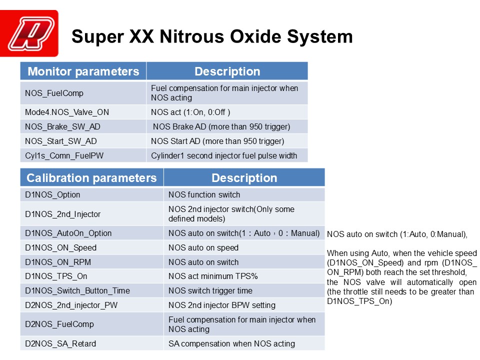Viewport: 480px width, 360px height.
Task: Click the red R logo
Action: (x=29, y=33)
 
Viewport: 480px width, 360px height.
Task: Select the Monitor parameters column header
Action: (x=83, y=71)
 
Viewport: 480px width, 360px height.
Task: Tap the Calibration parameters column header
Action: (x=92, y=178)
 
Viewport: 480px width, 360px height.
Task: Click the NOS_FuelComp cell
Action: (x=83, y=93)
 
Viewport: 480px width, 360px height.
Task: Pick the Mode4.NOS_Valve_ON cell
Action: (x=83, y=112)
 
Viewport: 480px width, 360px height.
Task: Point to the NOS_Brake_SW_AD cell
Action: (x=83, y=126)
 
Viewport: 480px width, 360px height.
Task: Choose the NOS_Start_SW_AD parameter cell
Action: (x=83, y=141)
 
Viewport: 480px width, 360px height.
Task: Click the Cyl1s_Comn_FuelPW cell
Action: (x=83, y=155)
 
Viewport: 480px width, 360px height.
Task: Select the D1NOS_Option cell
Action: (x=92, y=194)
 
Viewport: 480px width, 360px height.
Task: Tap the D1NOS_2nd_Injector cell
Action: (x=92, y=214)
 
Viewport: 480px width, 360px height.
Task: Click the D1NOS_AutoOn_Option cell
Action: (x=92, y=233)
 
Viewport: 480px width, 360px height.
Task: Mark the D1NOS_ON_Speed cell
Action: (x=92, y=247)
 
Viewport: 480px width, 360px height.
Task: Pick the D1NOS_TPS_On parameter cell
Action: (x=92, y=276)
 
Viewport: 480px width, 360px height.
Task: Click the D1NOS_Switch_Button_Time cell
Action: (x=92, y=290)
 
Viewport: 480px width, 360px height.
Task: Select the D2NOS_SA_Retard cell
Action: (x=92, y=343)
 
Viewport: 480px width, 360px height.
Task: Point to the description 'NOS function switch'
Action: (x=204, y=194)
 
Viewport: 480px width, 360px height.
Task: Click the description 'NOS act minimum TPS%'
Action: (x=213, y=276)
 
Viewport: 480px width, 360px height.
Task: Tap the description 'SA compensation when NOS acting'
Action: (x=231, y=344)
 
